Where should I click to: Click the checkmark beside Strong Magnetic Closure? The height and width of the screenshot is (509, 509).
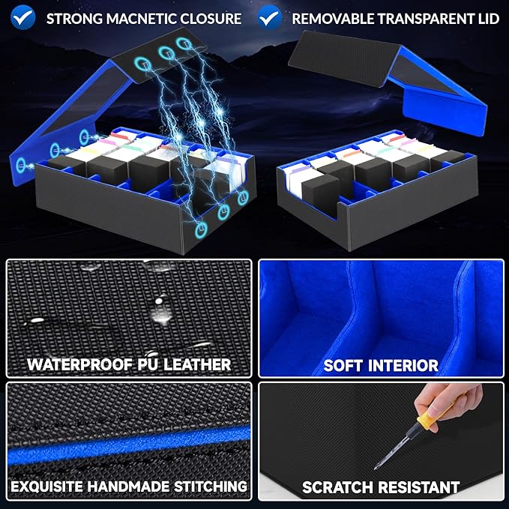coord(22,17)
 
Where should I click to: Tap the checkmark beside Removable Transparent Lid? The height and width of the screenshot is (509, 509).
coord(270,17)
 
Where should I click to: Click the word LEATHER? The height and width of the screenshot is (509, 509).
coord(197,364)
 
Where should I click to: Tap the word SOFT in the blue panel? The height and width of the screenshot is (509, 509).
coord(342,366)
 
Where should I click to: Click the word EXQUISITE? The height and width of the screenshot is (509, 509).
coord(46,487)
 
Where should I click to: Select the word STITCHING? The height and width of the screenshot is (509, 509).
coord(211,487)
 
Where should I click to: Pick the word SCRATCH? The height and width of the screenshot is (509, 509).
coord(337,487)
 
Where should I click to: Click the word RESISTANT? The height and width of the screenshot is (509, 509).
coord(419,487)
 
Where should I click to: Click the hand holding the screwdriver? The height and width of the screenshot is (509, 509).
coord(448,403)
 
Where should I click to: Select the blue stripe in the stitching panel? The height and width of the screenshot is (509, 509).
coord(129,444)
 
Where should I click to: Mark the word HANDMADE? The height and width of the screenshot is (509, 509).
coord(128,487)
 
